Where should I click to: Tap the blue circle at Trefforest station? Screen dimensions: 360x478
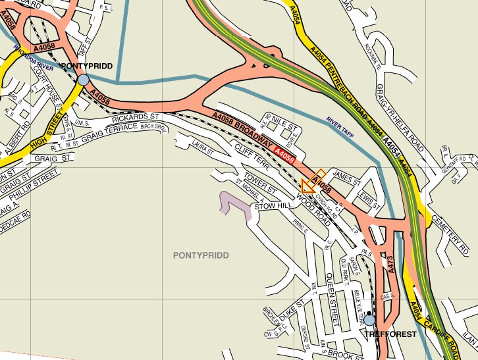tap(370, 320)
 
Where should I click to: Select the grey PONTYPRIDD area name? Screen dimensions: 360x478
tap(201, 255)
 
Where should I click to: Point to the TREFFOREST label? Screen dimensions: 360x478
tap(391, 334)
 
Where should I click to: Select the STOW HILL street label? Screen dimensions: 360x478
tap(273, 207)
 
